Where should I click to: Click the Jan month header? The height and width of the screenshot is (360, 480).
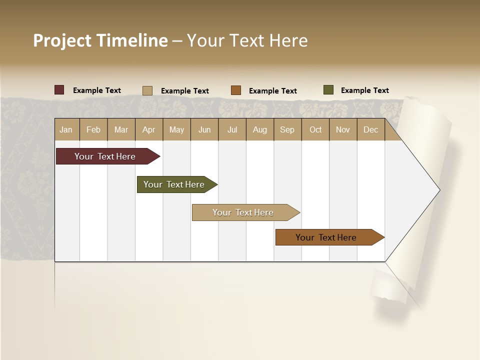click(66, 129)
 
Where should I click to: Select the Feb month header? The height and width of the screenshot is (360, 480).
click(93, 129)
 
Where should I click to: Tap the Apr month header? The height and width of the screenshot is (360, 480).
click(149, 129)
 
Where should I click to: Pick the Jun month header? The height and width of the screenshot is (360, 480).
click(204, 129)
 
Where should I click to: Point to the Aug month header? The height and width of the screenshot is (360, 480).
click(260, 129)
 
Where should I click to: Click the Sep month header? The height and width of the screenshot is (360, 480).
click(287, 129)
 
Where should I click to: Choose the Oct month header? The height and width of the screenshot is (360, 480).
click(315, 129)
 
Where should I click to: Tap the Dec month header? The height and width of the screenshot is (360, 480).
click(371, 129)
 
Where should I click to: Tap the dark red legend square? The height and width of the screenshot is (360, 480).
click(59, 90)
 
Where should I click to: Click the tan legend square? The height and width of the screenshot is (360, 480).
click(147, 90)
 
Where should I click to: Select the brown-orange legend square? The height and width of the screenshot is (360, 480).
click(236, 90)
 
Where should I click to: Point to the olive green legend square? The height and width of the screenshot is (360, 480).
click(328, 90)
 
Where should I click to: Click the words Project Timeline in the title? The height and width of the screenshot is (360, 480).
click(100, 40)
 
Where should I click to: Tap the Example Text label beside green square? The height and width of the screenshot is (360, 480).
click(365, 90)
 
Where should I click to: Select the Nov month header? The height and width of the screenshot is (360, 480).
click(343, 129)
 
